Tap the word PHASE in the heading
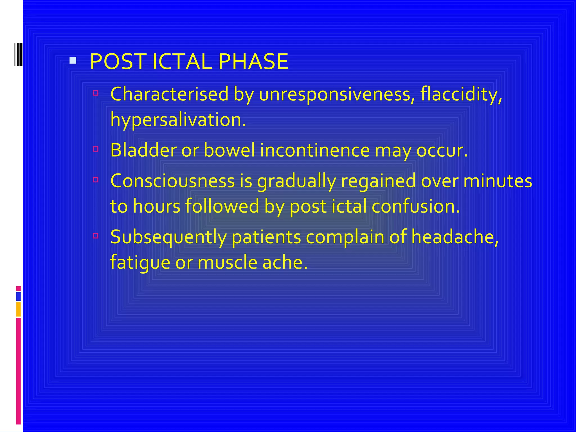pyautogui.click(x=253, y=62)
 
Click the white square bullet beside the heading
pyautogui.click(x=73, y=60)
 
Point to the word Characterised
pyautogui.click(x=169, y=94)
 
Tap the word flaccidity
pyautogui.click(x=461, y=94)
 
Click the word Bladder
pyautogui.click(x=143, y=150)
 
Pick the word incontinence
pyautogui.click(x=315, y=150)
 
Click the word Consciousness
pyautogui.click(x=172, y=181)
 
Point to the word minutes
pyautogui.click(x=498, y=181)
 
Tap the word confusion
pyautogui.click(x=416, y=206)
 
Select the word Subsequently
pyautogui.click(x=168, y=237)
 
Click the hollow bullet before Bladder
pyautogui.click(x=95, y=149)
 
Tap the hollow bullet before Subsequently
pyautogui.click(x=95, y=236)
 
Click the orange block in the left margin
pyautogui.click(x=18, y=309)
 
